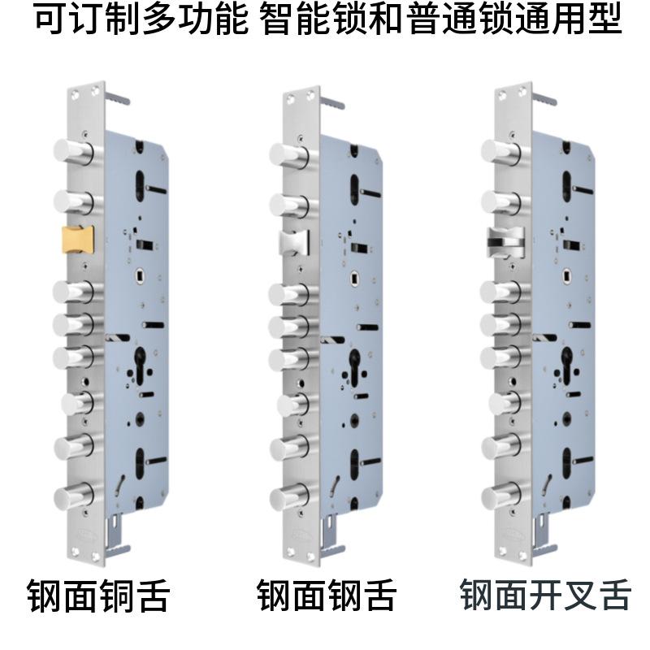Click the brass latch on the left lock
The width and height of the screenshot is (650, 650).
(78, 240)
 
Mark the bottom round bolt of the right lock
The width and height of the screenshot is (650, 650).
(500, 495)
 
